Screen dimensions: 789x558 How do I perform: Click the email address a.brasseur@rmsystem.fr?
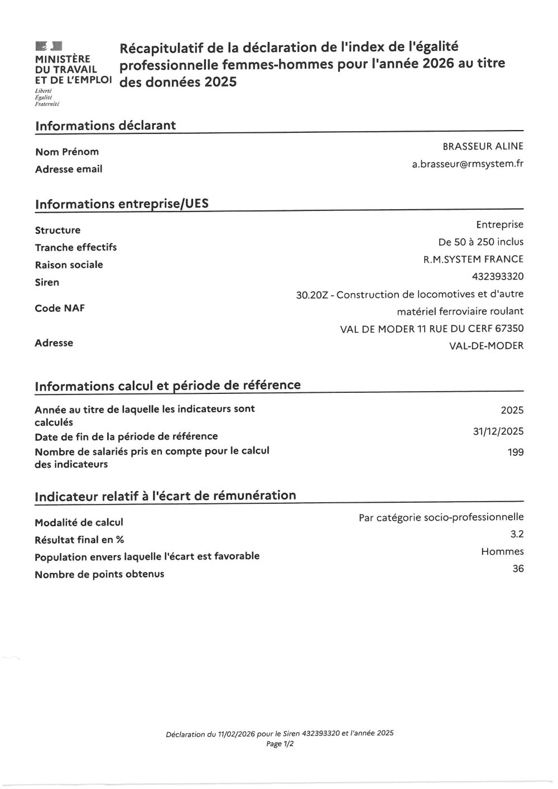(468, 164)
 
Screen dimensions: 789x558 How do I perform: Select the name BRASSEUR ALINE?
(483, 146)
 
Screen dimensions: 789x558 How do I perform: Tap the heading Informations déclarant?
(105, 126)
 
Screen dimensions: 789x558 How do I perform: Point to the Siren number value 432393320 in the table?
(497, 276)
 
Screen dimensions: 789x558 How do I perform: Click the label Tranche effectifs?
(76, 247)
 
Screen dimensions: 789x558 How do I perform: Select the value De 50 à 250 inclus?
(481, 242)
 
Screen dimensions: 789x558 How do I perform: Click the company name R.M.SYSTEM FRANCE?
(473, 259)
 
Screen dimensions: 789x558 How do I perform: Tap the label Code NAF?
(60, 308)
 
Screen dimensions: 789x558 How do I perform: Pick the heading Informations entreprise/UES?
(122, 204)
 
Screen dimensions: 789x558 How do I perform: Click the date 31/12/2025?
(498, 431)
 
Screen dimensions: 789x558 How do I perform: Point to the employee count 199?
(516, 452)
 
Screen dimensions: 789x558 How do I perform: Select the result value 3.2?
(517, 534)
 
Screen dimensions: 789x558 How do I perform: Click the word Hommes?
(502, 551)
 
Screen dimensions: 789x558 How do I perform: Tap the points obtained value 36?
(518, 569)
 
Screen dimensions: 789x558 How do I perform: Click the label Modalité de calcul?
(79, 522)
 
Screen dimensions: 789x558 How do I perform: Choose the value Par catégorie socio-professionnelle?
(441, 517)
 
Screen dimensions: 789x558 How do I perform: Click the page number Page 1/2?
(280, 744)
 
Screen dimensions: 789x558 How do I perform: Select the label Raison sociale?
(69, 264)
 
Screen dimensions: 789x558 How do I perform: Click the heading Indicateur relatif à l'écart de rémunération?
(165, 495)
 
